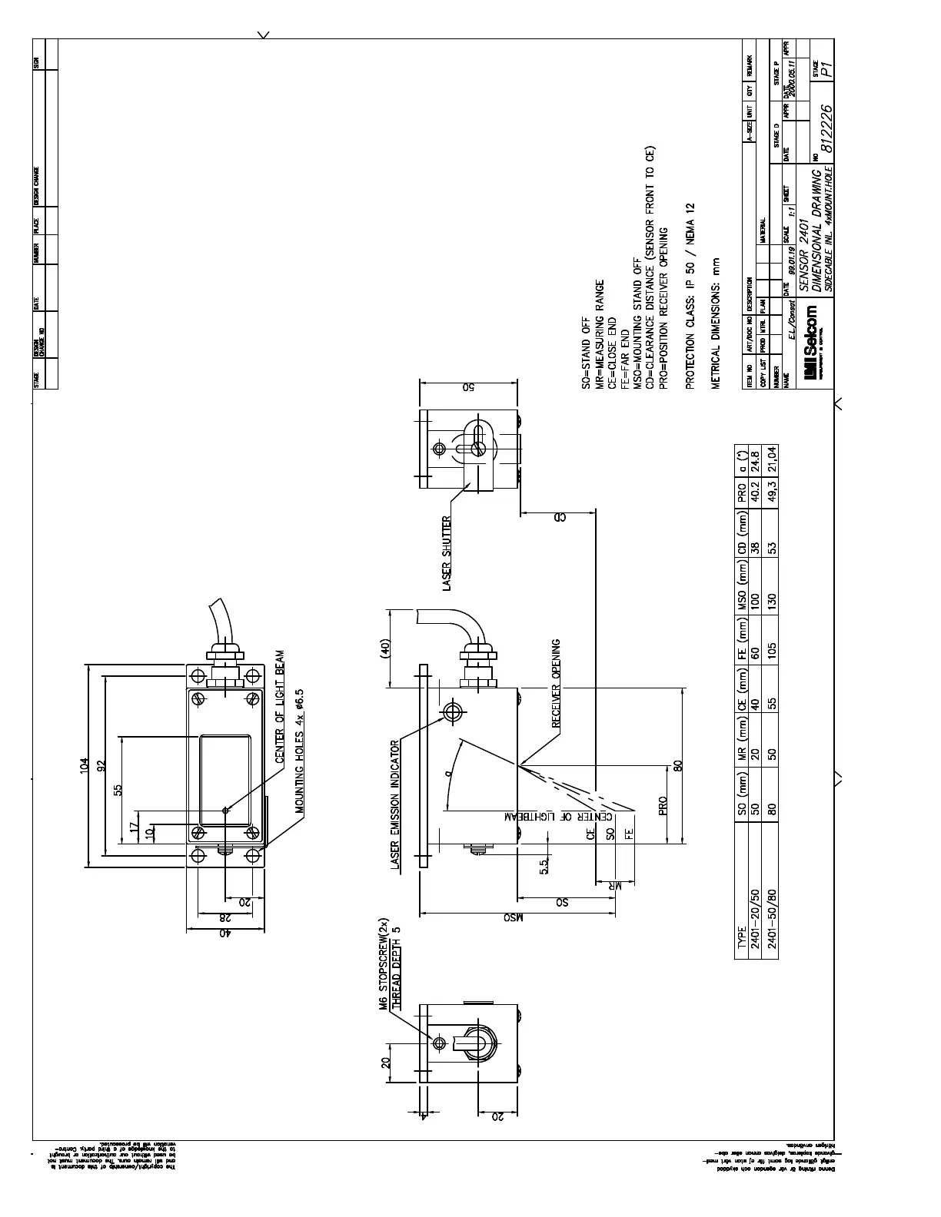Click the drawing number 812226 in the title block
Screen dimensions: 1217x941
click(826, 128)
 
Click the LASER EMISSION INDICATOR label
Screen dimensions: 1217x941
click(396, 804)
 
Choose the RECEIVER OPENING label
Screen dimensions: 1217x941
click(557, 683)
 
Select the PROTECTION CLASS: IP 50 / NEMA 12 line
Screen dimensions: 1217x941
click(690, 297)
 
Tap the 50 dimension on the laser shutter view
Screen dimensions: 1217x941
click(467, 386)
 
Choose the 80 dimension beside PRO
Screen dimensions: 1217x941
click(677, 766)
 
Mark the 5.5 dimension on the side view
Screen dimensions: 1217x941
click(544, 866)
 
